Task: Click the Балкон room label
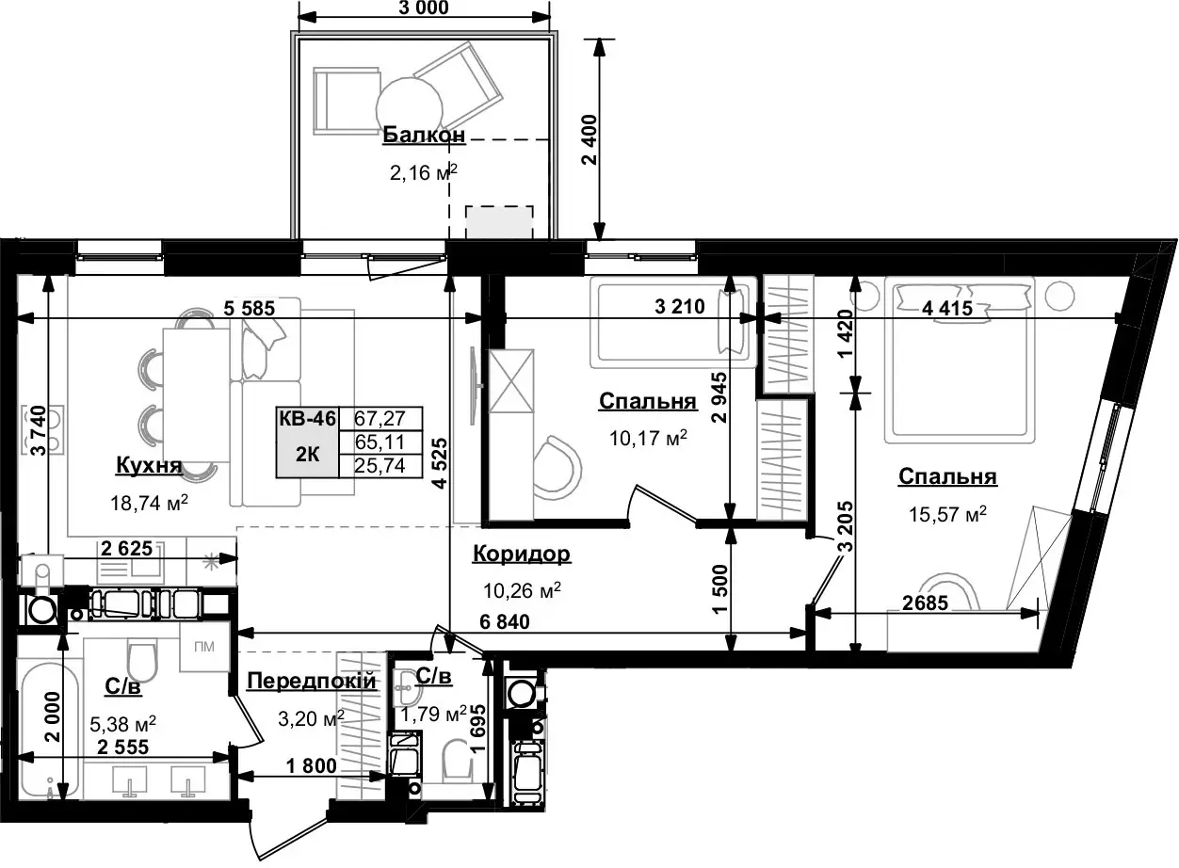(424, 135)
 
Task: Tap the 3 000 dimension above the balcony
(424, 8)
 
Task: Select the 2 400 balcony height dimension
(590, 139)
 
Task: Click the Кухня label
(149, 465)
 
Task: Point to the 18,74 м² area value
(149, 503)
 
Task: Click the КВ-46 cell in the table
(307, 419)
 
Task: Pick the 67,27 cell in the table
(380, 419)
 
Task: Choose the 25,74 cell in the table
(380, 466)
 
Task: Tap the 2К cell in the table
(307, 454)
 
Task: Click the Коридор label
(522, 554)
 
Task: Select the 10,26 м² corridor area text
(522, 590)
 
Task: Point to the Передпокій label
(312, 681)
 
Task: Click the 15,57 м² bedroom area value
(947, 514)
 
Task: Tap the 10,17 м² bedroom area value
(648, 437)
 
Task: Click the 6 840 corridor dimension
(505, 621)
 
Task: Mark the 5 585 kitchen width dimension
(249, 308)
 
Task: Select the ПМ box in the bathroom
(204, 647)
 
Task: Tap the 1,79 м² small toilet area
(434, 715)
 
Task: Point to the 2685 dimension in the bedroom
(925, 603)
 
